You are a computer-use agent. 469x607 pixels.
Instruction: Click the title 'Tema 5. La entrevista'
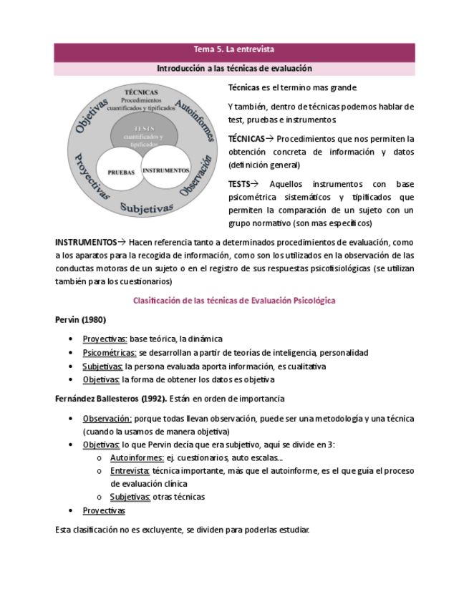click(234, 50)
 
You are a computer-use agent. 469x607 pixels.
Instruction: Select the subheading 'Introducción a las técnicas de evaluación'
click(234, 69)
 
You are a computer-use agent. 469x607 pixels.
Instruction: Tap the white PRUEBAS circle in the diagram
click(121, 172)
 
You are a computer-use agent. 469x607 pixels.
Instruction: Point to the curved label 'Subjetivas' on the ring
click(146, 208)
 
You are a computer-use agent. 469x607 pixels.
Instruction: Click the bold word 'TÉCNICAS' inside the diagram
click(141, 93)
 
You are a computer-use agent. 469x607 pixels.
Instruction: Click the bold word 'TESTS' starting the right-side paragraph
click(239, 184)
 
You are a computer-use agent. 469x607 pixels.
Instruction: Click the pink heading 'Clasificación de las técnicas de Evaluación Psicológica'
click(234, 301)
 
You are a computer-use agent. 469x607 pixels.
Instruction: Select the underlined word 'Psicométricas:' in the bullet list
click(109, 353)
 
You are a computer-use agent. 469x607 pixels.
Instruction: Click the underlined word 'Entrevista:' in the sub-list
click(130, 470)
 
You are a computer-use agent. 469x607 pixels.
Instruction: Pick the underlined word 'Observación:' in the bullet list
click(107, 419)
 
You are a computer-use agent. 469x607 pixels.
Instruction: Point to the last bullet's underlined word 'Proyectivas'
click(103, 510)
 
